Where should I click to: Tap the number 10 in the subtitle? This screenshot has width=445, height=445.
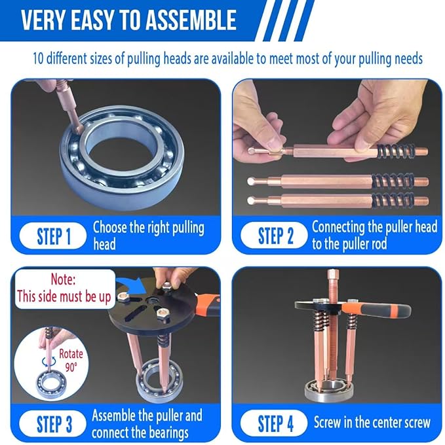(40, 58)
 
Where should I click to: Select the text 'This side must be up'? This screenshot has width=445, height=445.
(64, 296)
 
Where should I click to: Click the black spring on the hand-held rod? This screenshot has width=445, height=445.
(393, 150)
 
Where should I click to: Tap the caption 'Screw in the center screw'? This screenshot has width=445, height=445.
(372, 422)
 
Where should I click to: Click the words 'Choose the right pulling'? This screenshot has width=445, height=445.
(148, 228)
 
